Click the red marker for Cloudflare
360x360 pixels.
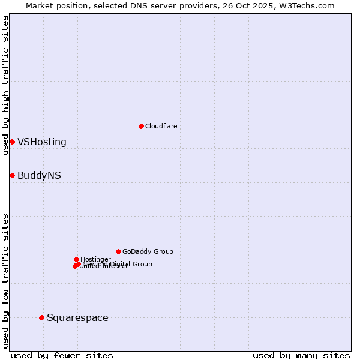point(141,126)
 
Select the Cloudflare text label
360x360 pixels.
point(161,126)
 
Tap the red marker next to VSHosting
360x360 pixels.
point(12,142)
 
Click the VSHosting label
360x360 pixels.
point(42,142)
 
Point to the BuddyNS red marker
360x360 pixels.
point(12,175)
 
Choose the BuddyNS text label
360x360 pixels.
point(39,176)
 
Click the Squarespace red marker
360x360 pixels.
point(41,317)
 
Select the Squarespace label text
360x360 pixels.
point(77,318)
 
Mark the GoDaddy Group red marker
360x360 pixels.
point(118,251)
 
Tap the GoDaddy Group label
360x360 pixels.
point(148,252)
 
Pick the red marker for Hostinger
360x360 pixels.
point(76,259)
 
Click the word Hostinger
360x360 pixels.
point(95,259)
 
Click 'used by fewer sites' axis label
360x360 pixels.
point(62,355)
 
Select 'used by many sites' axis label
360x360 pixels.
point(301,355)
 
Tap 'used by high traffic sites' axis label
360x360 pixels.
point(6,85)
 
